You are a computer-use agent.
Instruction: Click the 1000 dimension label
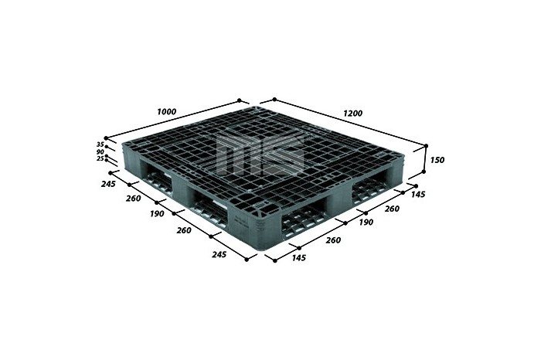coord(167,112)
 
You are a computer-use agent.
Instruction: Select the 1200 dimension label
coord(352,113)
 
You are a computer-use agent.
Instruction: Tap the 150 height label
coord(437,160)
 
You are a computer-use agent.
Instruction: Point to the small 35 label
coord(100,144)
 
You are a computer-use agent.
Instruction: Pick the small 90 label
coord(100,151)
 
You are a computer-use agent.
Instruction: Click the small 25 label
coord(100,158)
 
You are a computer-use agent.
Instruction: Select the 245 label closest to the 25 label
coord(108,184)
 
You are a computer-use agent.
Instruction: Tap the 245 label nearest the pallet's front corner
coord(219,255)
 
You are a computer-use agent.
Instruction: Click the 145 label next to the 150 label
coord(418,195)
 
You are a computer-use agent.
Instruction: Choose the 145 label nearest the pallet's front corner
coord(299,257)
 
